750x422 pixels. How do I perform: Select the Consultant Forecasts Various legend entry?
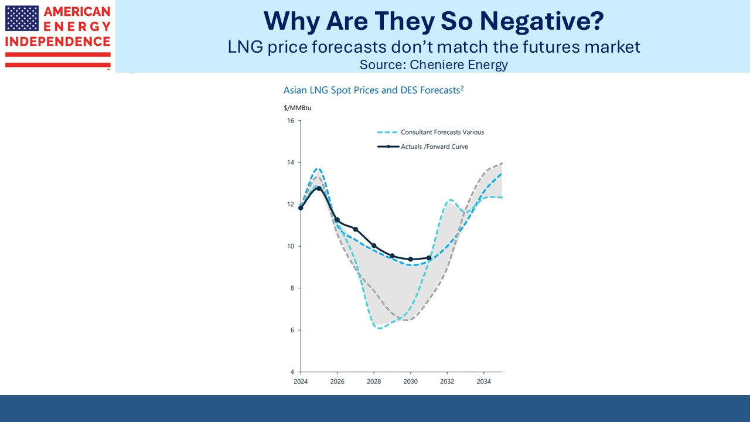coord(442,132)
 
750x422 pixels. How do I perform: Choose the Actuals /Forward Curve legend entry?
coord(434,147)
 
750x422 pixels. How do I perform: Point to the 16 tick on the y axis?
coord(291,121)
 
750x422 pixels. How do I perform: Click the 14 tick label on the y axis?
coord(291,162)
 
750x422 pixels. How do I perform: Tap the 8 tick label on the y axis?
coord(292,288)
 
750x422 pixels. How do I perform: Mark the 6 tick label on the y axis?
coord(292,330)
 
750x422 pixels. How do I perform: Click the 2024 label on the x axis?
coord(301,382)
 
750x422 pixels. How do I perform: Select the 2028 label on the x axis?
coord(374,382)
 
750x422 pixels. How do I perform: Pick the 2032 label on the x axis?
coord(447,382)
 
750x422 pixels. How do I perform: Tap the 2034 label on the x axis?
coord(483,382)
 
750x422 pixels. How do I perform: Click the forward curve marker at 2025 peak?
coord(319,188)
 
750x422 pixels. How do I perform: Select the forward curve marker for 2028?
coord(374,246)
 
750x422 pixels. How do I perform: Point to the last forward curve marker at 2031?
coord(429,258)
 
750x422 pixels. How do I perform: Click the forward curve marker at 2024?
coord(301,207)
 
